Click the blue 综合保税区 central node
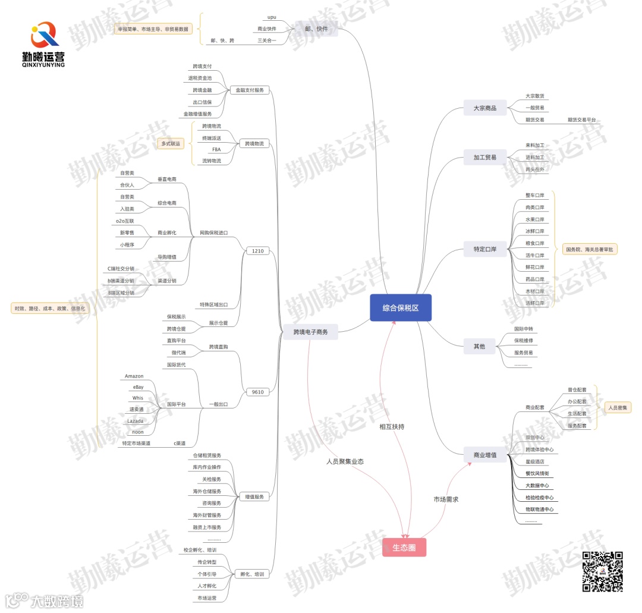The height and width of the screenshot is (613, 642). click(x=400, y=308)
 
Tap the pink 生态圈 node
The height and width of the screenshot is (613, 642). click(x=404, y=548)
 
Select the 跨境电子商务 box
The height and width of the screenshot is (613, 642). click(x=310, y=332)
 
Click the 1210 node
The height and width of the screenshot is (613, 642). click(x=257, y=251)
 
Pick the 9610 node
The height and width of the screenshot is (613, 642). click(x=257, y=392)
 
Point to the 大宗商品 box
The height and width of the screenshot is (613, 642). click(x=484, y=108)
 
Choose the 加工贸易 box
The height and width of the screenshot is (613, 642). click(x=484, y=158)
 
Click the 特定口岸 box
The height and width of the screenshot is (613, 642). click(x=484, y=249)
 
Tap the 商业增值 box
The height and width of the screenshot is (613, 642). click(x=484, y=455)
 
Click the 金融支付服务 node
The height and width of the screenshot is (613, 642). click(x=250, y=90)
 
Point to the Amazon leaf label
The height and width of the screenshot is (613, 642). click(x=134, y=376)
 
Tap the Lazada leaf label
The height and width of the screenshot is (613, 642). click(x=135, y=421)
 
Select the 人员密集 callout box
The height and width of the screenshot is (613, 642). click(x=619, y=408)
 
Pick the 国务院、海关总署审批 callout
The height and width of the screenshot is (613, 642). click(x=590, y=250)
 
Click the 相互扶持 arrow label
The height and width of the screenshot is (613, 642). click(x=392, y=427)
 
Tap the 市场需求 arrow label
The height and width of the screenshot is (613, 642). click(x=446, y=499)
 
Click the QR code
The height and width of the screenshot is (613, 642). click(x=602, y=571)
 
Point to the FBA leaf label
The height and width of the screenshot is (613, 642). click(x=216, y=149)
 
